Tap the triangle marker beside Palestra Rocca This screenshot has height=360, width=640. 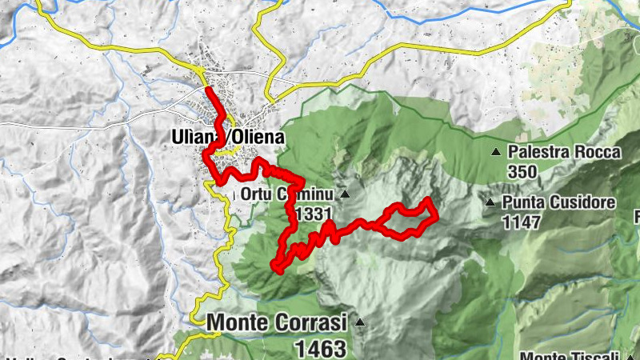coord(496,152)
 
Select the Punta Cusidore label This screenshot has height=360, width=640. coord(559,202)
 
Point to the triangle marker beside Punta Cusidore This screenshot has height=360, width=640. coord(490,202)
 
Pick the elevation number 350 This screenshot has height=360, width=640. coord(521,171)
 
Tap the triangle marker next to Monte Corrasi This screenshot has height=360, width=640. coord(359,323)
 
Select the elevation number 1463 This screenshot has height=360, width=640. coord(320,348)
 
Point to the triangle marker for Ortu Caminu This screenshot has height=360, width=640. coord(345,194)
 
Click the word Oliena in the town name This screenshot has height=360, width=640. coord(258,138)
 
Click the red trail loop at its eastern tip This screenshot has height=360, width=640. coord(435,213)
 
